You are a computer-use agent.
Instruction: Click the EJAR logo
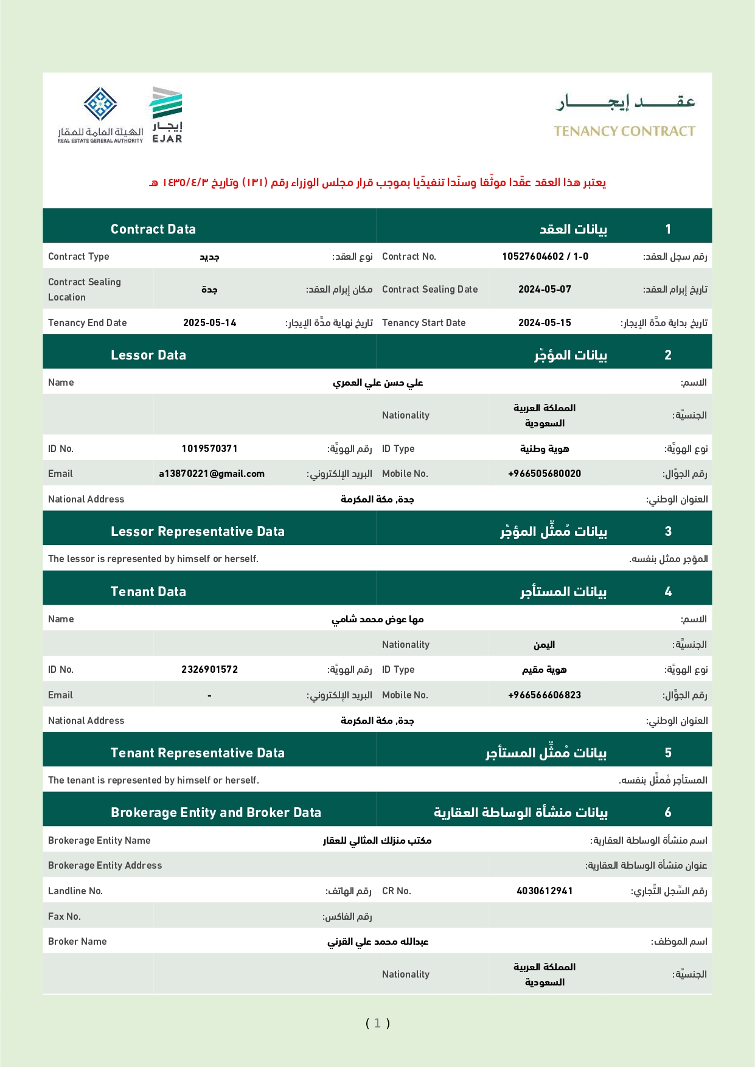(167, 115)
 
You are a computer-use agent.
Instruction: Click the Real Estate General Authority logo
(100, 115)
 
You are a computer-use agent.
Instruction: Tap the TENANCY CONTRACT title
(624, 131)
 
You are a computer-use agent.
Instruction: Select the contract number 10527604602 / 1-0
(545, 256)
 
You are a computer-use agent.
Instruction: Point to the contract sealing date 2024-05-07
(545, 289)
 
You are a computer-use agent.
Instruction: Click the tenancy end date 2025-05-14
(209, 322)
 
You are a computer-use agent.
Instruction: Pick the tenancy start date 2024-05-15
(545, 322)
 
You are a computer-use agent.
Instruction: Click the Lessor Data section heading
(148, 355)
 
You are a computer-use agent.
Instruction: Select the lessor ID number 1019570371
(209, 448)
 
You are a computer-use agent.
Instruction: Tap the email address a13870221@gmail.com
(211, 473)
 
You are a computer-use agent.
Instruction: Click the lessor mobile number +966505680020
(545, 473)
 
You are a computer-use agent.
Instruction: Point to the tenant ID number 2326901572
(209, 669)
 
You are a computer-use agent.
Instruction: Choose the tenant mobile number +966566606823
(545, 695)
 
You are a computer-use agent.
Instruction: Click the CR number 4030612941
(545, 891)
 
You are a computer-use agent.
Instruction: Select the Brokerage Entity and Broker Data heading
(215, 812)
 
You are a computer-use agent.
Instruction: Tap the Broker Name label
(77, 941)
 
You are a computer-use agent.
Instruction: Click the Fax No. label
(64, 916)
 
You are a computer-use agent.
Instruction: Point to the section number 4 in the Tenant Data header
(668, 591)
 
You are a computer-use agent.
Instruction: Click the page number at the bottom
(377, 1023)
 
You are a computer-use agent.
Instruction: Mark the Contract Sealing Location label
(85, 289)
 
